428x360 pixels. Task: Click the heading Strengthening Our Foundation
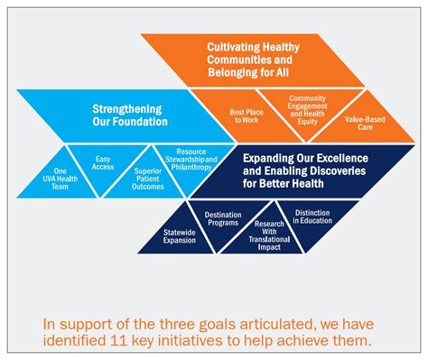point(128,115)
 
